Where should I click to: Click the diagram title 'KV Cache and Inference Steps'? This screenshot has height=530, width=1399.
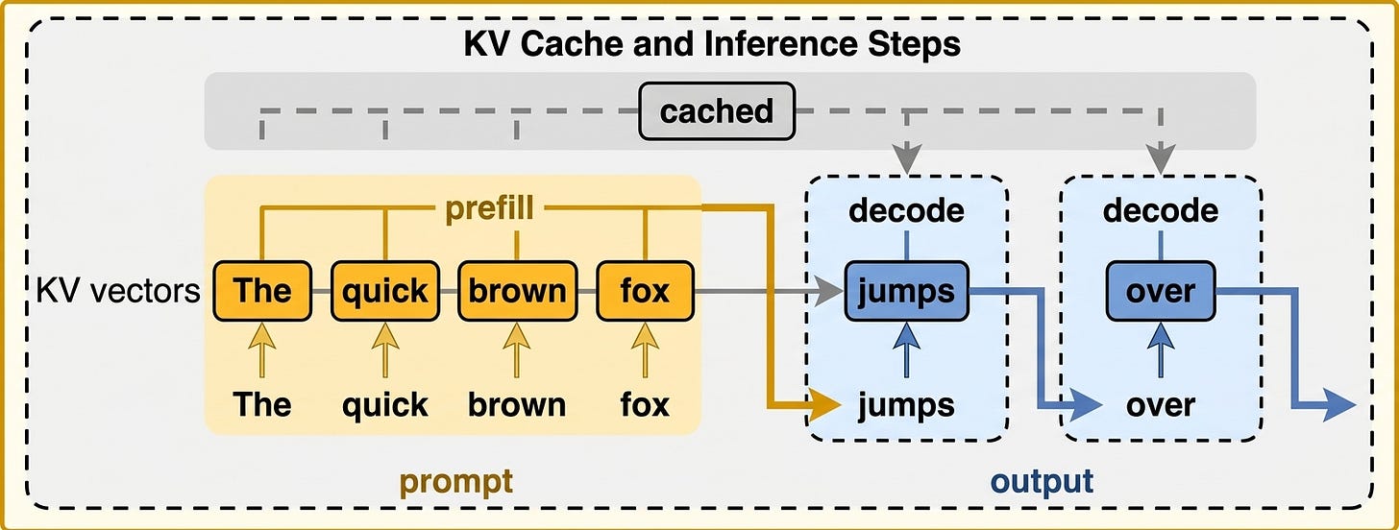point(712,44)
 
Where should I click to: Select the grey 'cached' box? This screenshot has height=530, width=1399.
point(717,111)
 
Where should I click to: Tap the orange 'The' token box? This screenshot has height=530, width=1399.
point(262,291)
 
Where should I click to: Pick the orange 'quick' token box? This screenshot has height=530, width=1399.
point(384,291)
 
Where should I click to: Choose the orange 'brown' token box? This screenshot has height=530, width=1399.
point(517,291)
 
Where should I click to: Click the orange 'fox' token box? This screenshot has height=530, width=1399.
point(645,291)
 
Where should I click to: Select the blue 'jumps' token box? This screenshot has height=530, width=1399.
point(906,291)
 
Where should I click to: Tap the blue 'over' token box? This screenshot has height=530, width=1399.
point(1161,291)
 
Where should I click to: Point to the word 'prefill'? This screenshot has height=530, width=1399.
point(490,208)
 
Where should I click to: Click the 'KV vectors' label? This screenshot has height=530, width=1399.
point(118,291)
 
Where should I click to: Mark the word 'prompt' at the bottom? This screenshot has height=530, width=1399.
point(455,483)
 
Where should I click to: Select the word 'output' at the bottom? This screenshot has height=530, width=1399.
point(1042,481)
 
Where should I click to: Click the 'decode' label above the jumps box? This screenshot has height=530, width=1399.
point(906,210)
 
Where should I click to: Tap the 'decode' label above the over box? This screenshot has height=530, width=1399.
point(1161,210)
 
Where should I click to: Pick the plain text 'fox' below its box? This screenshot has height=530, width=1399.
point(645,404)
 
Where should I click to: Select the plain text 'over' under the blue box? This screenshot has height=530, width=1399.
point(1161,405)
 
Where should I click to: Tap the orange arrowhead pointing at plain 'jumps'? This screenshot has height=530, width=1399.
point(825,405)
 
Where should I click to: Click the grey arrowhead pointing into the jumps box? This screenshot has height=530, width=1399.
point(828,291)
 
